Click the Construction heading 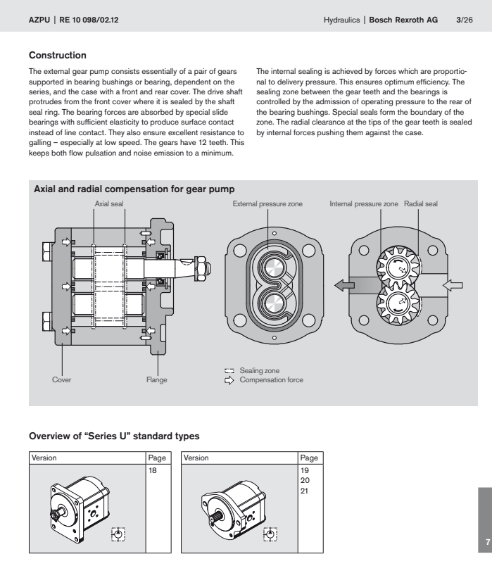click(x=58, y=54)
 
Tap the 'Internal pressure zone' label click(x=363, y=203)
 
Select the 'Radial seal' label click(x=421, y=203)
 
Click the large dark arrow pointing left click(x=345, y=284)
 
